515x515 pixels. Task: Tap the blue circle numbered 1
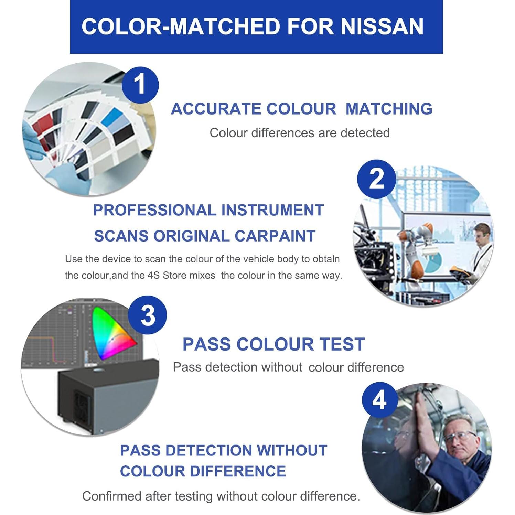point(140,85)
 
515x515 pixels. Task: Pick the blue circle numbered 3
point(148,315)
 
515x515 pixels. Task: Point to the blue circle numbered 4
point(379,400)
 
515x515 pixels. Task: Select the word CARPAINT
point(275,236)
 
